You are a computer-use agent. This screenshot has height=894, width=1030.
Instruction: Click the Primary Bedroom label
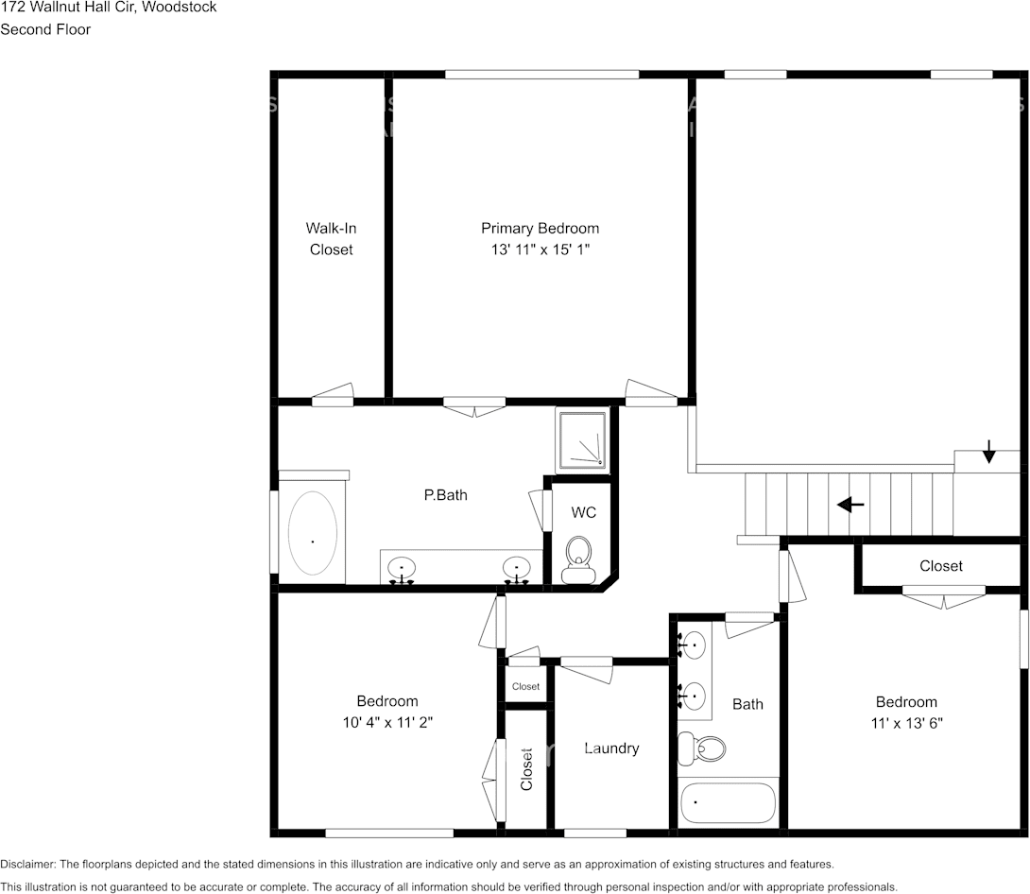click(540, 228)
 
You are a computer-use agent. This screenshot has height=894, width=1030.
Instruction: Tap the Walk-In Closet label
click(331, 239)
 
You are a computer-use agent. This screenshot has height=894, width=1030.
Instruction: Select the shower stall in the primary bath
click(581, 438)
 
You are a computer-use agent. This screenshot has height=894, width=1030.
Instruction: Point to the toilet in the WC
click(576, 558)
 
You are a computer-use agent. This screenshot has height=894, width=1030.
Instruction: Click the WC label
click(584, 512)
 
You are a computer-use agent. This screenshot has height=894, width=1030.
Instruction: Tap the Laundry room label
click(611, 748)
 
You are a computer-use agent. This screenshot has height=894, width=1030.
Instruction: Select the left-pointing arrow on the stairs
click(850, 505)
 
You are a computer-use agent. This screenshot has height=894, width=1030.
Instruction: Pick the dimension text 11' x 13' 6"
click(906, 722)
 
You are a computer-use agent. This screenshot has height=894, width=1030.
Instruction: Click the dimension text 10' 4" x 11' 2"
click(387, 721)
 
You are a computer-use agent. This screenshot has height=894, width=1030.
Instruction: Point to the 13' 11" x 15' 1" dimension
click(540, 249)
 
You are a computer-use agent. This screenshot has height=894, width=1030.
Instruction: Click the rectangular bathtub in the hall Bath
click(728, 802)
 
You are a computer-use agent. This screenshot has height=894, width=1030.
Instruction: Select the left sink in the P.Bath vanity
click(402, 569)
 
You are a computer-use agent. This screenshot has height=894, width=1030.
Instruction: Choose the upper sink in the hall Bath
click(694, 646)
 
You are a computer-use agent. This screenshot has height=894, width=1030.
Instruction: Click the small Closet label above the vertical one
click(525, 686)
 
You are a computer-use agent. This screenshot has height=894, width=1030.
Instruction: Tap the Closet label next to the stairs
click(941, 566)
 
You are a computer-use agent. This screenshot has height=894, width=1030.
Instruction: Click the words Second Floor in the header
click(45, 29)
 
